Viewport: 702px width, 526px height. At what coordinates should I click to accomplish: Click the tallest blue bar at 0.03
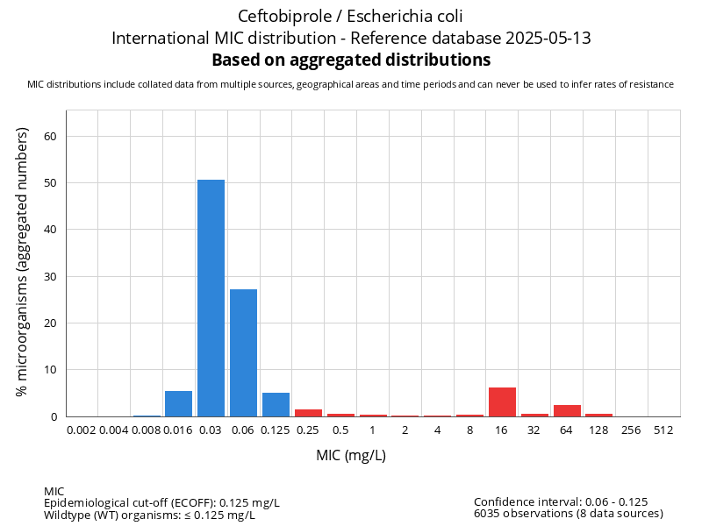tap(211, 298)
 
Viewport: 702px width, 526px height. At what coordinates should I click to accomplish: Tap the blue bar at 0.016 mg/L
tap(178, 403)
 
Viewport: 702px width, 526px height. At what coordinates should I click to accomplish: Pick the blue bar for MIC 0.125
tap(276, 404)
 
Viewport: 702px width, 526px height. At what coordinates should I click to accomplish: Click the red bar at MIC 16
tap(502, 402)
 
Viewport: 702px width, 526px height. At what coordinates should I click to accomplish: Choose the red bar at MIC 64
tap(567, 410)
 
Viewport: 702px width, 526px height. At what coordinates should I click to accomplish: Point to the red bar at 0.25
tap(308, 413)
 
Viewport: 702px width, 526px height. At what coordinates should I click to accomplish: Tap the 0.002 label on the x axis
tap(82, 430)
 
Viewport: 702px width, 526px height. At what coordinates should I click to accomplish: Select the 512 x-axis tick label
tap(663, 430)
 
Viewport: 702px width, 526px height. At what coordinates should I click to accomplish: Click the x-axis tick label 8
tap(469, 430)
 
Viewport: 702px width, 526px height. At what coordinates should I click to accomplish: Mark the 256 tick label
tap(631, 430)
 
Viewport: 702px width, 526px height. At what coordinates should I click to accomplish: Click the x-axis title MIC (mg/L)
tap(351, 455)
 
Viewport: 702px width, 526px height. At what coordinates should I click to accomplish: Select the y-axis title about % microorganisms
tap(24, 261)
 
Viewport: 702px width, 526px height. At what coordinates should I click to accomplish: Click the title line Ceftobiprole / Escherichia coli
tap(351, 16)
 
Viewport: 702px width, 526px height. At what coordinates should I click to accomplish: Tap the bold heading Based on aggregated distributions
tap(351, 60)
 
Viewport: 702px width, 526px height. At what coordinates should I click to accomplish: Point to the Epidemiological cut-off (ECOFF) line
tap(161, 502)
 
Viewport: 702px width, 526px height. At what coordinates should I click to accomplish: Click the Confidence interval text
tap(561, 501)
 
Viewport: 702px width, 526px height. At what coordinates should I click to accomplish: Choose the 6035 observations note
tap(568, 513)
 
